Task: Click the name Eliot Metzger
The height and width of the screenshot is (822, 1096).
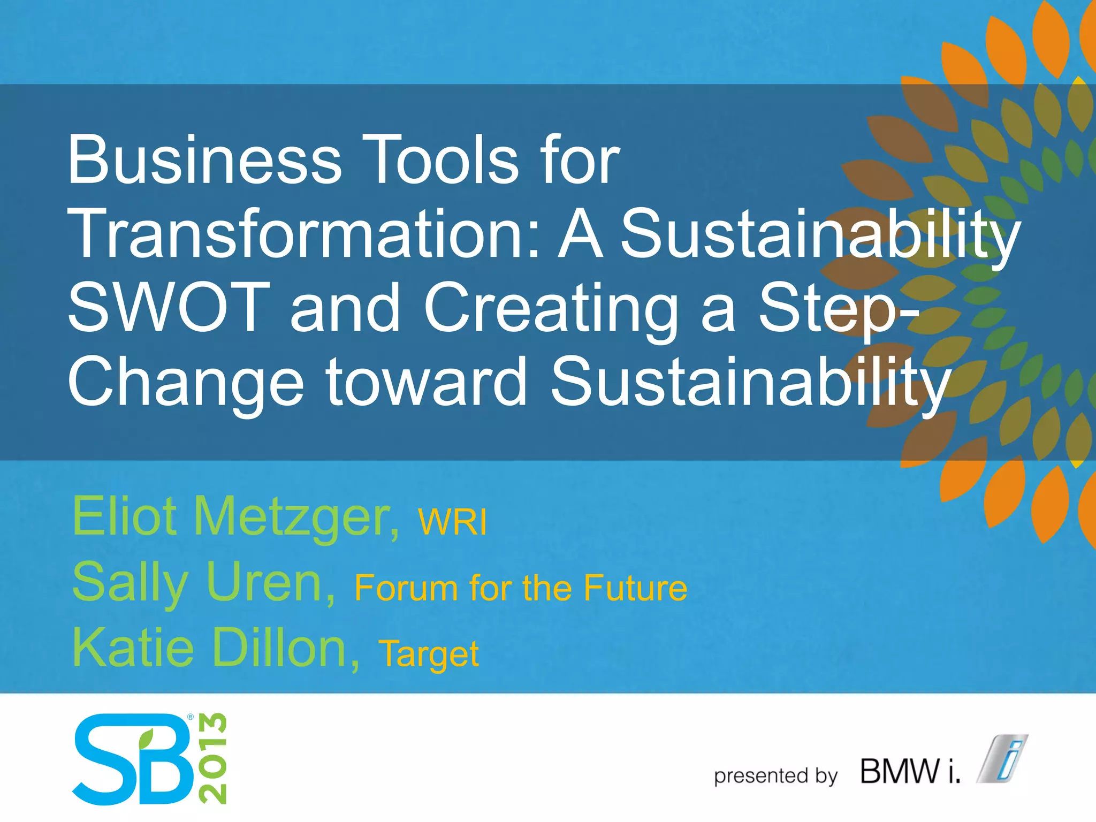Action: pyautogui.click(x=235, y=517)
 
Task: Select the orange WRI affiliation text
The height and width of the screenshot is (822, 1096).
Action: pyautogui.click(x=453, y=522)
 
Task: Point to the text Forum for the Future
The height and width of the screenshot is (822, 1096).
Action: pyautogui.click(x=521, y=588)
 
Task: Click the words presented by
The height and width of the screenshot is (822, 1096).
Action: pyautogui.click(x=775, y=775)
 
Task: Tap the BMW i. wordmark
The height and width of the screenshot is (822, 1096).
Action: pyautogui.click(x=910, y=771)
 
